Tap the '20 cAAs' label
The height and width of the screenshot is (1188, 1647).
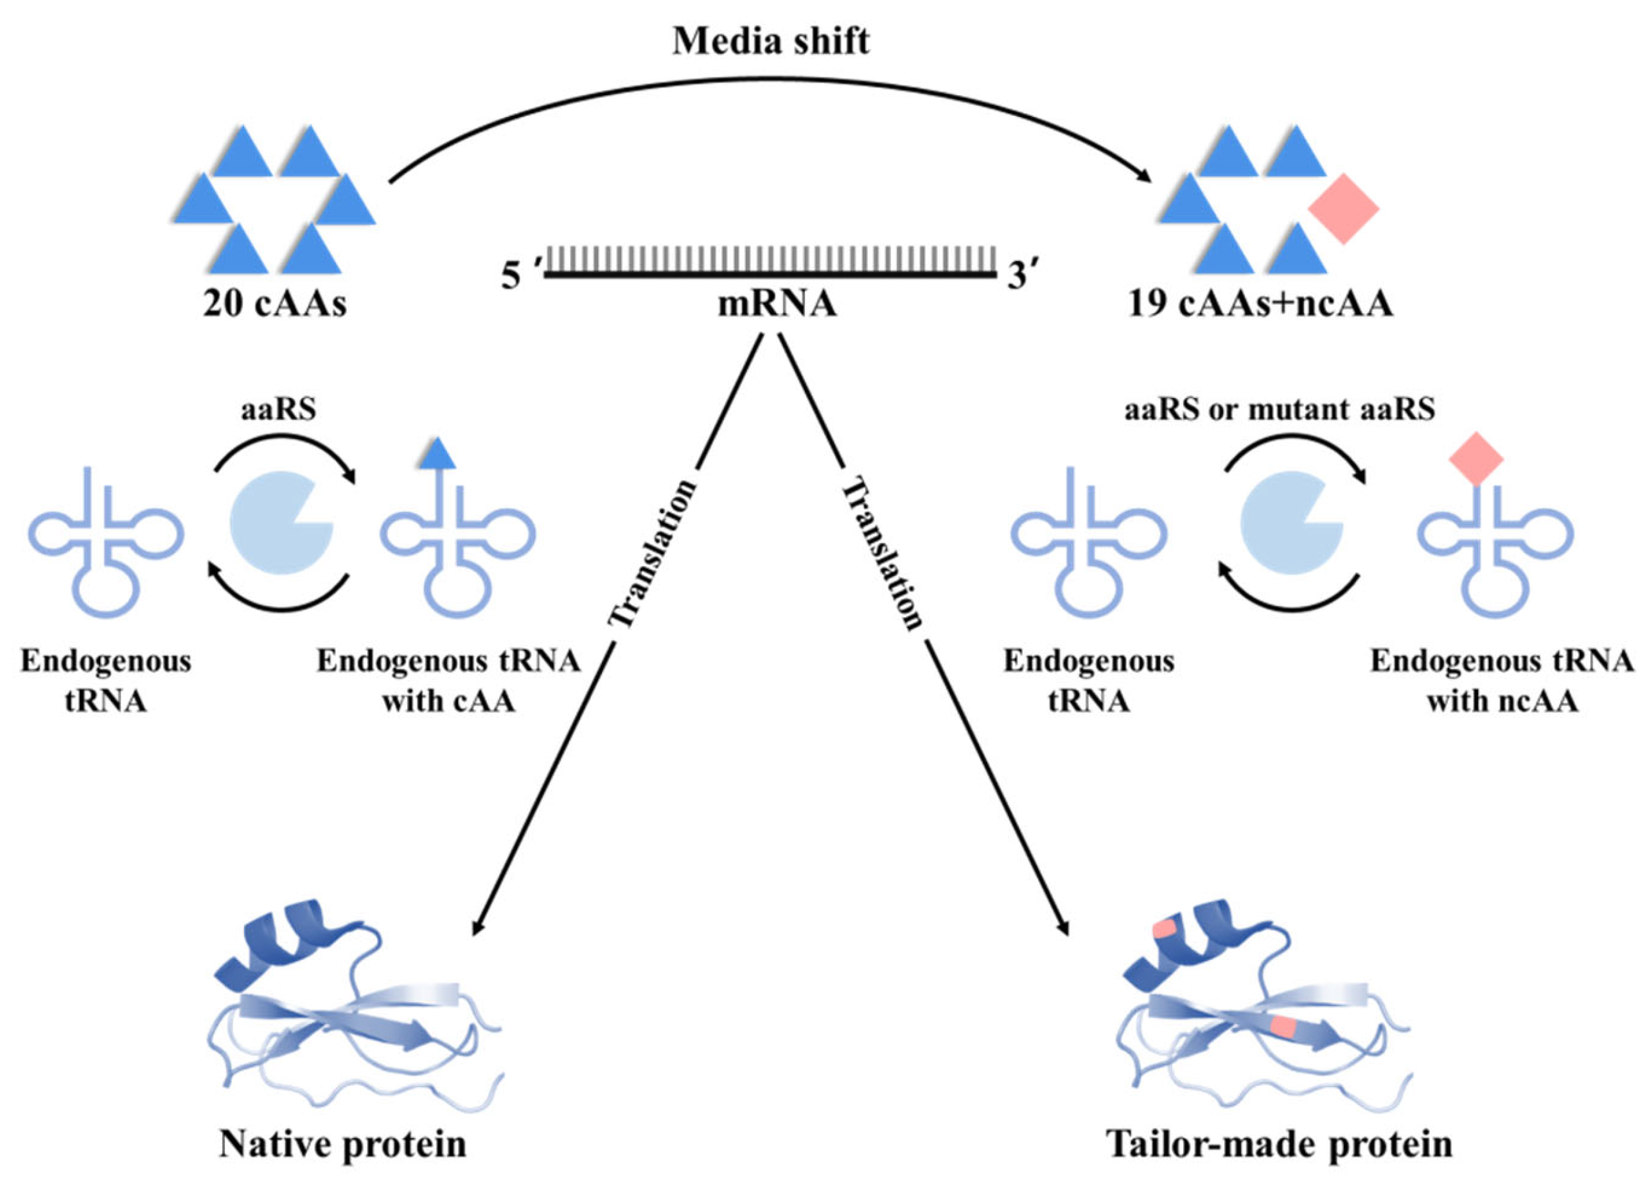[x=274, y=303]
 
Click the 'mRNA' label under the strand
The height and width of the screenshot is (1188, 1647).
[x=777, y=303]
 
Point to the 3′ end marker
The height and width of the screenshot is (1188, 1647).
[x=1021, y=276]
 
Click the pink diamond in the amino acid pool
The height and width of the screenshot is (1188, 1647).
[x=1343, y=208]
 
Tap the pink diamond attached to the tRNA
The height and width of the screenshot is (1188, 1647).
[x=1475, y=458]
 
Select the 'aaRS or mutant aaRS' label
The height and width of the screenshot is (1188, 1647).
[x=1280, y=410]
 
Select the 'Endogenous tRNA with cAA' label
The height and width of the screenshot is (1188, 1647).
[x=449, y=681]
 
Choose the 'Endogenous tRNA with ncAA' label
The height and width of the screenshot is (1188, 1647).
[x=1502, y=681]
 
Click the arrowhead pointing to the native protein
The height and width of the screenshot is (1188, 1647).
[x=478, y=928]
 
